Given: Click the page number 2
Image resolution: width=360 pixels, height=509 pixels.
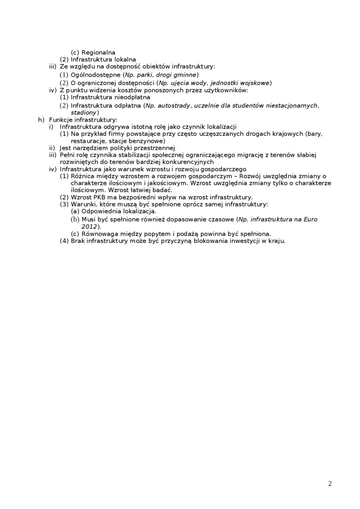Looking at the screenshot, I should click(330, 483).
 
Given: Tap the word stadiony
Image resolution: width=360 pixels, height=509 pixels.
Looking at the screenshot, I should click(83, 113).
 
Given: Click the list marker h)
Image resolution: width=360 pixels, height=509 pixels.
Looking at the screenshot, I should click(41, 120).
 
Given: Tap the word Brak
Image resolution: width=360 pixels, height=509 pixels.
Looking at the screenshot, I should click(78, 241).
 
